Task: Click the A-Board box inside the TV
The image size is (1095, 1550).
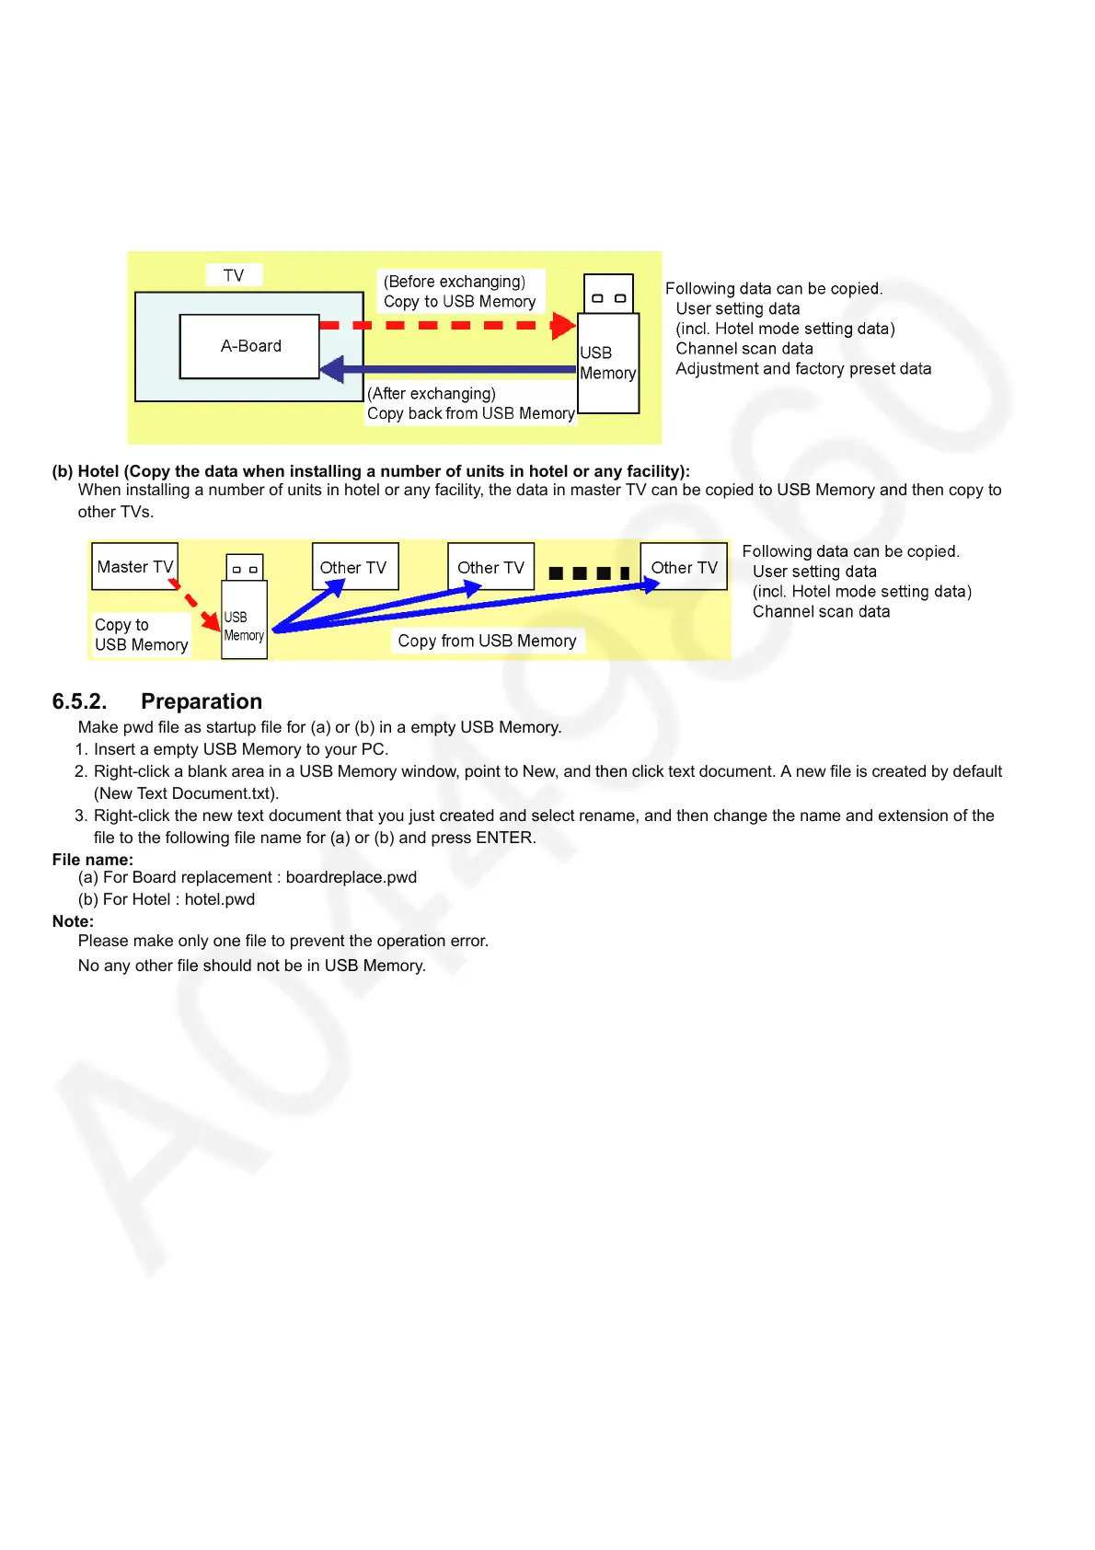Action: [x=250, y=346]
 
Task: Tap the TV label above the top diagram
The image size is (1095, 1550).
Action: [x=234, y=275]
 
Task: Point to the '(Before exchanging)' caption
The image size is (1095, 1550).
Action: [x=455, y=282]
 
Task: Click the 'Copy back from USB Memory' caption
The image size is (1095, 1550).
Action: [x=470, y=413]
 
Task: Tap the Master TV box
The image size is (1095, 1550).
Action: [x=134, y=567]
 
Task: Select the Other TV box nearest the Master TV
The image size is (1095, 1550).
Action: [x=354, y=567]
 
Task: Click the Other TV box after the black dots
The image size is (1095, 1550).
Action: [x=684, y=567]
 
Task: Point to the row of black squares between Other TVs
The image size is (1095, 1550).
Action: [x=588, y=573]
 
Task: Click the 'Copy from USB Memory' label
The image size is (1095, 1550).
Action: [x=487, y=641]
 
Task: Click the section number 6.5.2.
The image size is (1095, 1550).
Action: [x=79, y=701]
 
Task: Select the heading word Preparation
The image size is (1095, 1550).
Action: [x=202, y=701]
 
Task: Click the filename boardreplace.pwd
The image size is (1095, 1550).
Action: [x=352, y=877]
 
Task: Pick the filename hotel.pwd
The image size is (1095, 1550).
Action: [x=220, y=899]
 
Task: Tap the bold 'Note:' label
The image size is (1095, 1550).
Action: [x=73, y=921]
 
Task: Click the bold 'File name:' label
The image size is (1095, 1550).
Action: [x=92, y=860]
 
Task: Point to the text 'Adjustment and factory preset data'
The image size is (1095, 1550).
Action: [x=803, y=369]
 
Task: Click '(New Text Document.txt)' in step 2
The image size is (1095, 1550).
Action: [x=186, y=793]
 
